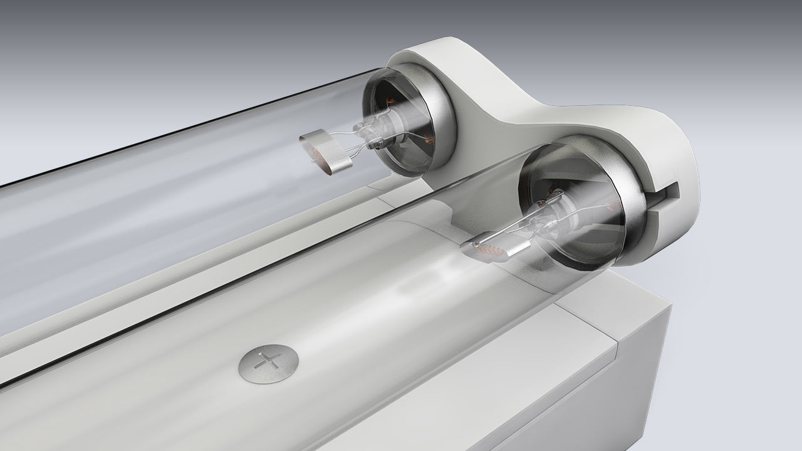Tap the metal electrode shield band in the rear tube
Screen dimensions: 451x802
(x=332, y=153)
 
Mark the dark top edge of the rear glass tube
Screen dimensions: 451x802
(x=188, y=125)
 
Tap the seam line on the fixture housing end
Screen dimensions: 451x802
(x=617, y=341)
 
